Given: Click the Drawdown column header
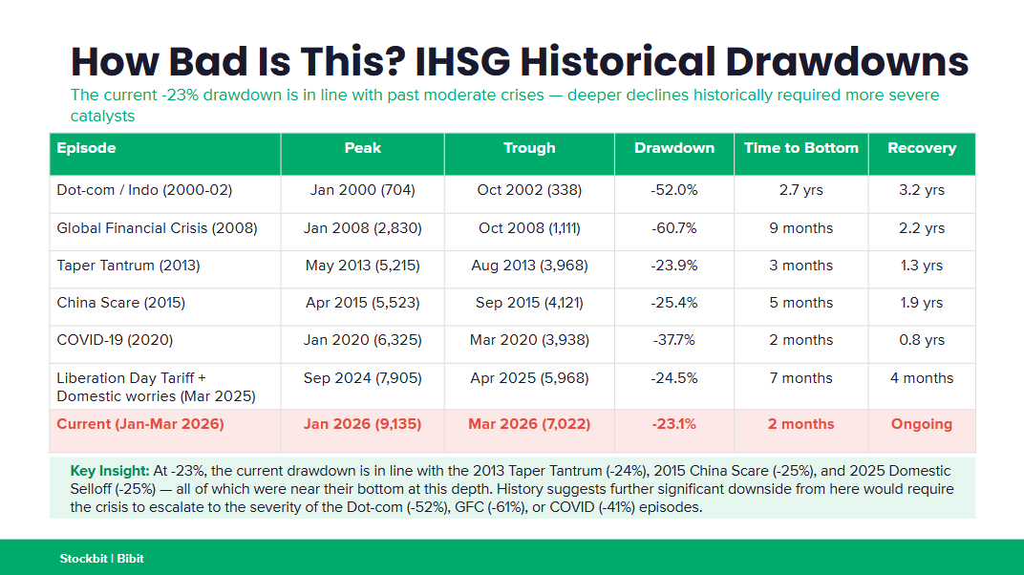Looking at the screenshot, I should [673, 148].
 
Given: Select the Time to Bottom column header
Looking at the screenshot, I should [800, 148].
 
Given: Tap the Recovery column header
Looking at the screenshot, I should [921, 148].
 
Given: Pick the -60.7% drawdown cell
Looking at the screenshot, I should [673, 228].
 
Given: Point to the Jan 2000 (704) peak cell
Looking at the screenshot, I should [362, 190].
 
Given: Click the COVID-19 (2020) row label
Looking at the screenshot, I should [115, 340].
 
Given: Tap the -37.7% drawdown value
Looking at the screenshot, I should [673, 340].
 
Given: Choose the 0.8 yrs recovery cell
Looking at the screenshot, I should [921, 340].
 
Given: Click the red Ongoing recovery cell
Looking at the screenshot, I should [921, 424].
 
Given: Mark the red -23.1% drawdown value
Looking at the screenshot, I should [673, 424].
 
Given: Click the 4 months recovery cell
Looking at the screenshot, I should [921, 378].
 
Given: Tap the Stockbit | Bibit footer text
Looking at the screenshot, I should [101, 558].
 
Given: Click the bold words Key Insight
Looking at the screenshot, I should [110, 471].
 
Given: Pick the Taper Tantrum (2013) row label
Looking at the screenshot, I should [128, 266].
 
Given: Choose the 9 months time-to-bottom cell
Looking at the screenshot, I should [800, 228].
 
